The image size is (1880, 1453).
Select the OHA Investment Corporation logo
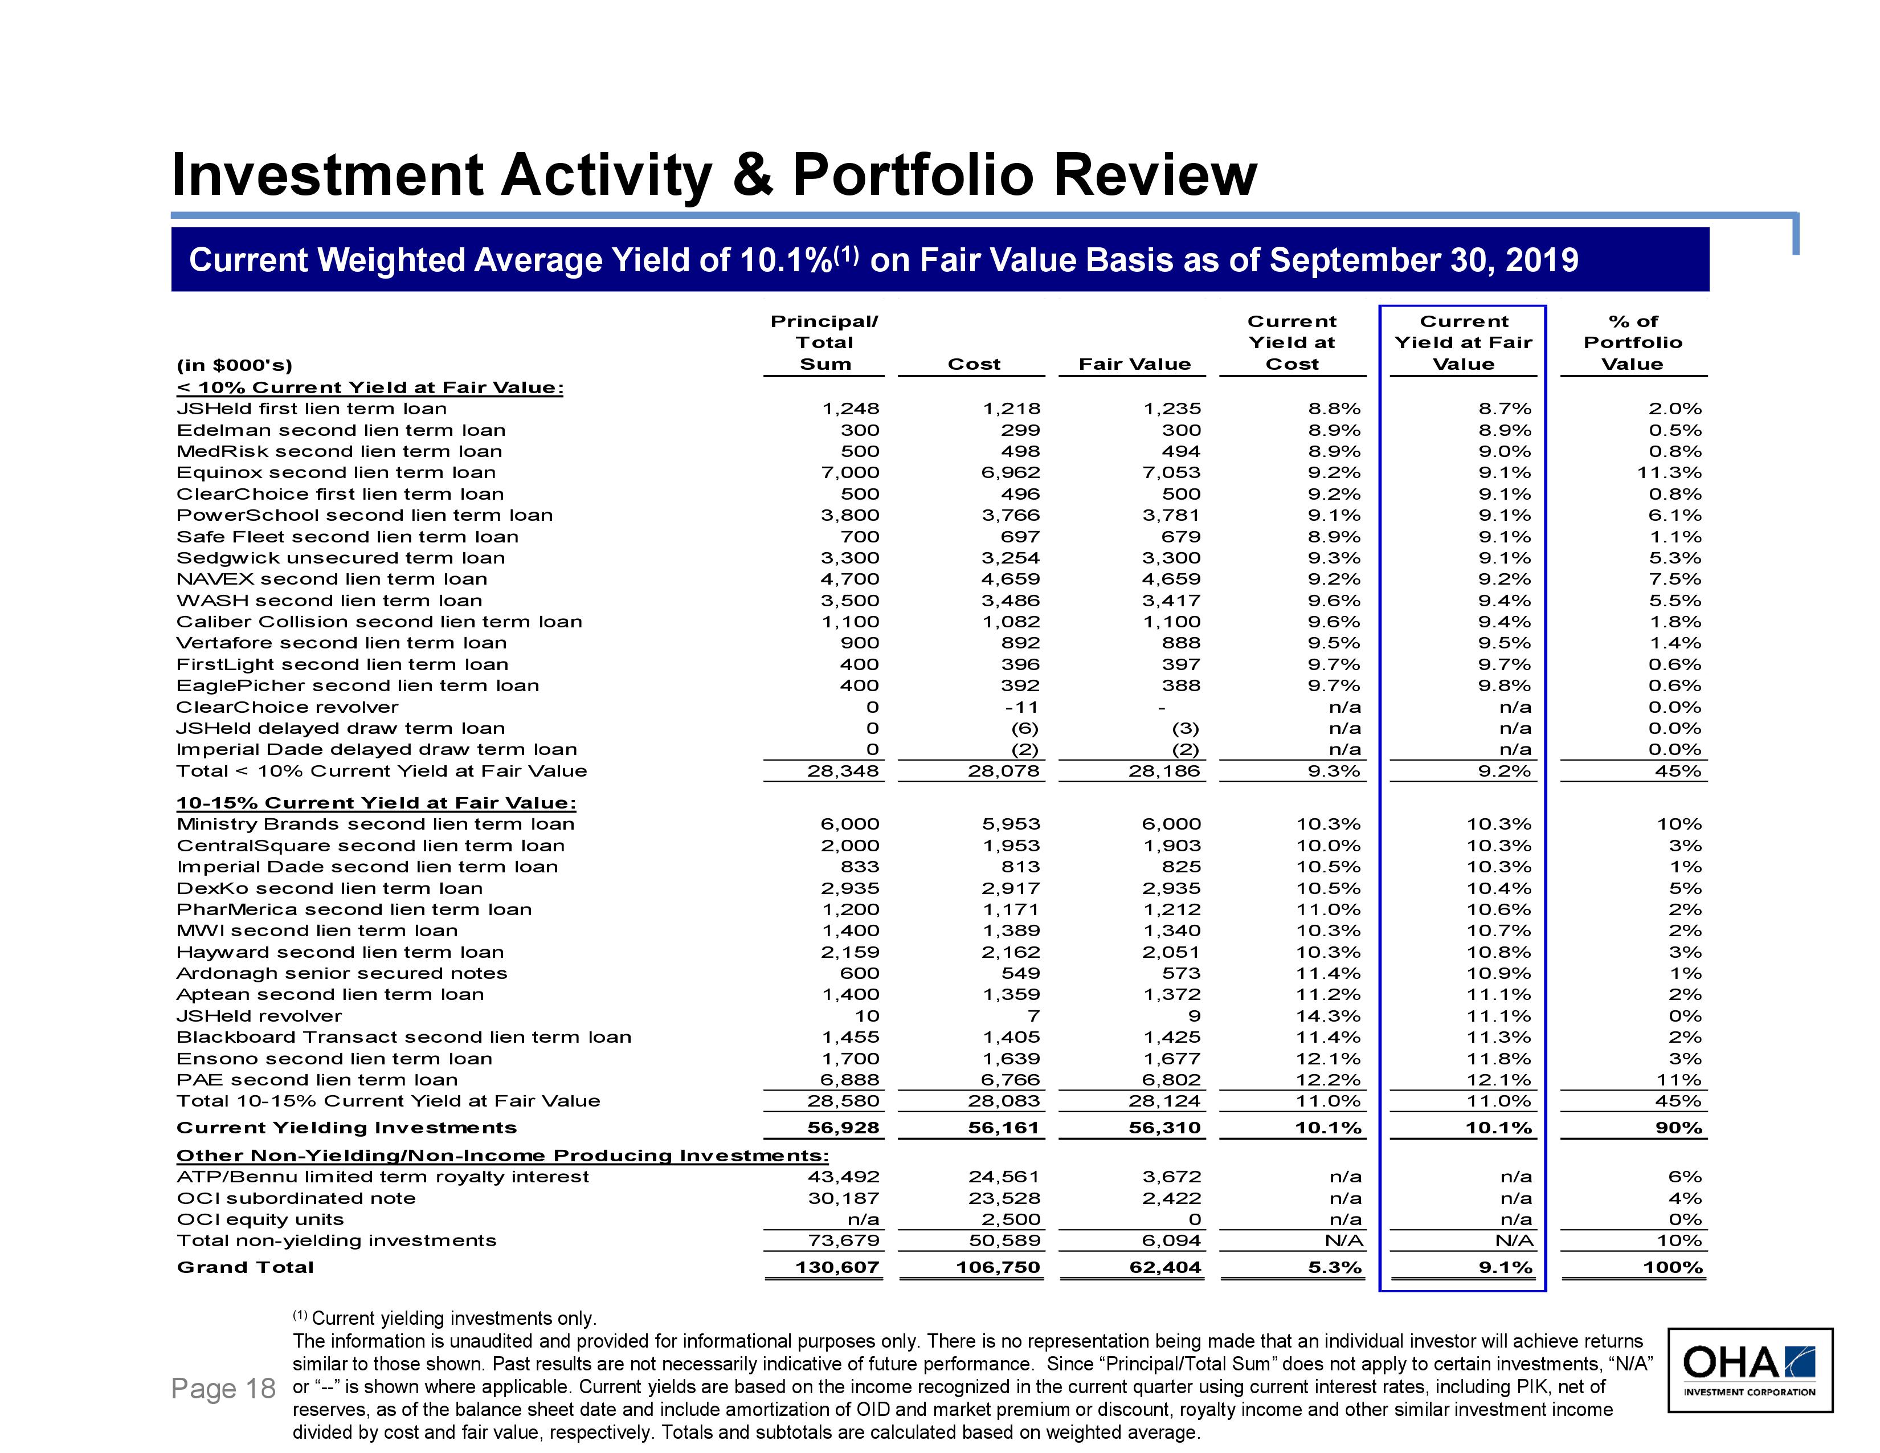(x=1750, y=1369)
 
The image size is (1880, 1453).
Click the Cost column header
(x=974, y=364)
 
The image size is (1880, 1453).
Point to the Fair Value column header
(x=1134, y=364)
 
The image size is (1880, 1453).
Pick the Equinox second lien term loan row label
(x=336, y=472)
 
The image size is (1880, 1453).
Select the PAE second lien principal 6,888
(x=849, y=1079)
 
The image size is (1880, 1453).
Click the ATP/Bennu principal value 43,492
(x=844, y=1177)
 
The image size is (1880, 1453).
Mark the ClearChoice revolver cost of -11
(x=1022, y=707)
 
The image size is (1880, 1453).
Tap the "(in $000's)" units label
(x=234, y=365)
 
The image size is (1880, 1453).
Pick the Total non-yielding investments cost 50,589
(x=1004, y=1240)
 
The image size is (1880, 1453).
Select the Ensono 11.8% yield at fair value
(x=1499, y=1059)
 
